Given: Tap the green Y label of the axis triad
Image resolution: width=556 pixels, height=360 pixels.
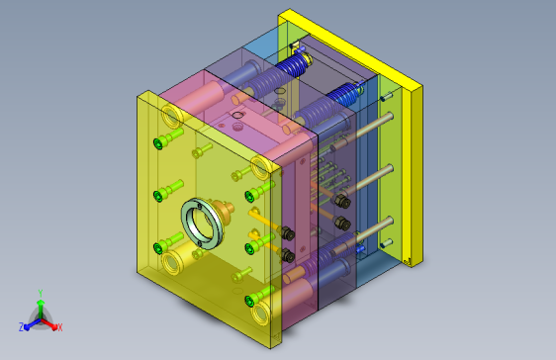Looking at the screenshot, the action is pos(41,293).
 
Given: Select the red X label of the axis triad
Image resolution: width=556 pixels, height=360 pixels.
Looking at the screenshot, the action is pos(60,327).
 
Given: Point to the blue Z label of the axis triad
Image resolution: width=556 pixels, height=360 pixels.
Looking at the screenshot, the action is pos(22,326).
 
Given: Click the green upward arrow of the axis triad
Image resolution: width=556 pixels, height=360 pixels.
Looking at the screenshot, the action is pos(41,309).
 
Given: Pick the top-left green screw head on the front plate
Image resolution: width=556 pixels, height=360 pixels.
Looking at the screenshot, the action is pos(158,143).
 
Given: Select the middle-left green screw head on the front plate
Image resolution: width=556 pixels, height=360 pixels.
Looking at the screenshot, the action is pos(158,196).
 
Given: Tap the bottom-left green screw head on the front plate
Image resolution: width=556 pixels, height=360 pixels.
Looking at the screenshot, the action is pos(158,248).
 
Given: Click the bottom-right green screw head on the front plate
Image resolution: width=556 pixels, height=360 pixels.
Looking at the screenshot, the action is pos(249,302).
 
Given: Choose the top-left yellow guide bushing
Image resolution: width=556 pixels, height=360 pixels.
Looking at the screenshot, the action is pos(172,116).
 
